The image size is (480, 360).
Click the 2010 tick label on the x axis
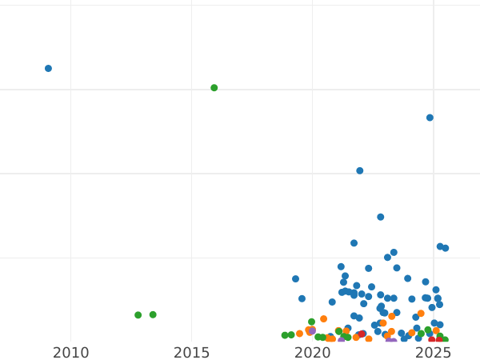(x=71, y=353)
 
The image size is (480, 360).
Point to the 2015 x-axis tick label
(x=192, y=353)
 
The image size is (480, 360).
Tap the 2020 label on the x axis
(x=313, y=353)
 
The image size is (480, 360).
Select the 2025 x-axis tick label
(x=434, y=353)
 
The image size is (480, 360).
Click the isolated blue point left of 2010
(x=48, y=69)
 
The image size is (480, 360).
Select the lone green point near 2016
(x=214, y=88)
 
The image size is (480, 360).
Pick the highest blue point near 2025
(x=430, y=118)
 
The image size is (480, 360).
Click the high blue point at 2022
(x=360, y=170)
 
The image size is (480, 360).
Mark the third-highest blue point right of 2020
(x=381, y=217)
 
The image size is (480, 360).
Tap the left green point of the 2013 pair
(x=138, y=315)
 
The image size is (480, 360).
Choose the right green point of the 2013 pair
(x=153, y=315)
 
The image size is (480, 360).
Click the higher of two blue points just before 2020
(x=295, y=279)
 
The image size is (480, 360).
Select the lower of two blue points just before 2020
(x=302, y=298)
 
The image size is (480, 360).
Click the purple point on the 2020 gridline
(x=312, y=330)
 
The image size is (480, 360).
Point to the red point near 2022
(x=362, y=334)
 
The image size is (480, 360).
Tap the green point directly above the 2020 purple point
(x=312, y=322)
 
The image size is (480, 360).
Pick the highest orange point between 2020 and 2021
(x=324, y=319)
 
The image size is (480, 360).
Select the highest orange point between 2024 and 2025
(x=421, y=314)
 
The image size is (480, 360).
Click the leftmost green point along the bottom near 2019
(x=285, y=335)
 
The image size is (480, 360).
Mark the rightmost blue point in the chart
(x=446, y=248)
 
